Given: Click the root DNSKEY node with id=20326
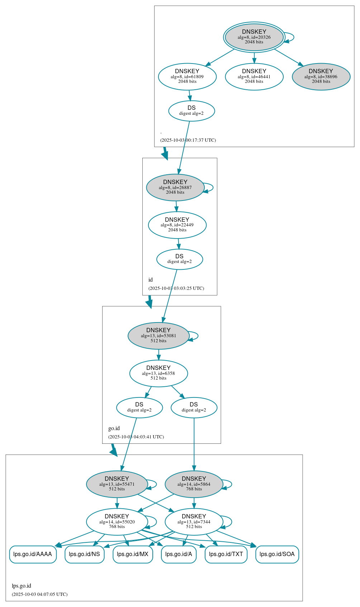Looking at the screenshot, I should click(254, 37).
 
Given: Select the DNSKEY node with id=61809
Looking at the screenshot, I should click(187, 76).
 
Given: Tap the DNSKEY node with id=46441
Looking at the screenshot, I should click(254, 76).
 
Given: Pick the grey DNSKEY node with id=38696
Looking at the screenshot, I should click(321, 76).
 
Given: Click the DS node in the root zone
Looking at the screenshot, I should click(191, 111).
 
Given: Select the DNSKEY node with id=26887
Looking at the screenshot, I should click(175, 187).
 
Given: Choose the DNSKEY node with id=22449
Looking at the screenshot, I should click(177, 225).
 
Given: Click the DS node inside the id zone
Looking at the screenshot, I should click(179, 259).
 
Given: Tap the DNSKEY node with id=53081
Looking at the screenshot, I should click(158, 336).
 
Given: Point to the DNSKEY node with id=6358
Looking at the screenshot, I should click(158, 373).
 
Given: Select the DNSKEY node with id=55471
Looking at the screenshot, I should click(117, 484).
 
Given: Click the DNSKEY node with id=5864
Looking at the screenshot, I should click(194, 484).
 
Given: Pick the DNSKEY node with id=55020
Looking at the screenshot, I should click(117, 522).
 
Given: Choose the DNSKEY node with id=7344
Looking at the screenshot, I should click(194, 522).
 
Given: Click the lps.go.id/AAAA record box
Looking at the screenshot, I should click(33, 554).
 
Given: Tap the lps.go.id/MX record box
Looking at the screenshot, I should click(133, 554).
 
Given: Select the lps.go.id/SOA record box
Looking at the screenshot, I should click(277, 554).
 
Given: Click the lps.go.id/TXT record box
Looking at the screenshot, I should click(226, 554).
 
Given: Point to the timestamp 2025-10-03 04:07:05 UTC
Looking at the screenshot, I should click(39, 594).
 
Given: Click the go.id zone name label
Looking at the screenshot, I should click(114, 428).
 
